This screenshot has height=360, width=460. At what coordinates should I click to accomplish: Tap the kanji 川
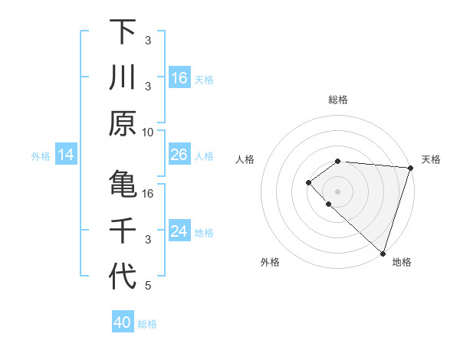click(123, 77)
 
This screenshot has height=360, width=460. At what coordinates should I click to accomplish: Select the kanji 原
click(123, 123)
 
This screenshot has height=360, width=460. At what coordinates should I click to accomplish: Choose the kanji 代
click(123, 277)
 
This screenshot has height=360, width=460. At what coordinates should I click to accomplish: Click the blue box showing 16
click(179, 78)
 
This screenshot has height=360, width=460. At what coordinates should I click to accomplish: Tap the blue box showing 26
click(179, 155)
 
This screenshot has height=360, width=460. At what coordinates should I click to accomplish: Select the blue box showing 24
click(179, 232)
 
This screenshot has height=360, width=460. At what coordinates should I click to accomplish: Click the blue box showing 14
click(66, 155)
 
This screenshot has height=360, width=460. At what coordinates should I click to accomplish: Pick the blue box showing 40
click(123, 322)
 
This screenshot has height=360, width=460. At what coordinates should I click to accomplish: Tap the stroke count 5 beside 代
click(148, 286)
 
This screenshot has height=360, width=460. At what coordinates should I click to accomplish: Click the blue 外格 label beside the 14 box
click(41, 156)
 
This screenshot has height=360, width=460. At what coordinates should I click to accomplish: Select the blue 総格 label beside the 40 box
click(147, 324)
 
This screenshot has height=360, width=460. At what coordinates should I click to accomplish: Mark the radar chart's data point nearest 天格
click(411, 168)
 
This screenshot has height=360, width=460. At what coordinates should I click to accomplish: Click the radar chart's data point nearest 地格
click(383, 253)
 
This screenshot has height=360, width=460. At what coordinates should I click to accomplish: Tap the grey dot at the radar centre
click(337, 191)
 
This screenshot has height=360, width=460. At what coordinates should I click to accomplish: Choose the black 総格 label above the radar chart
click(338, 100)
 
